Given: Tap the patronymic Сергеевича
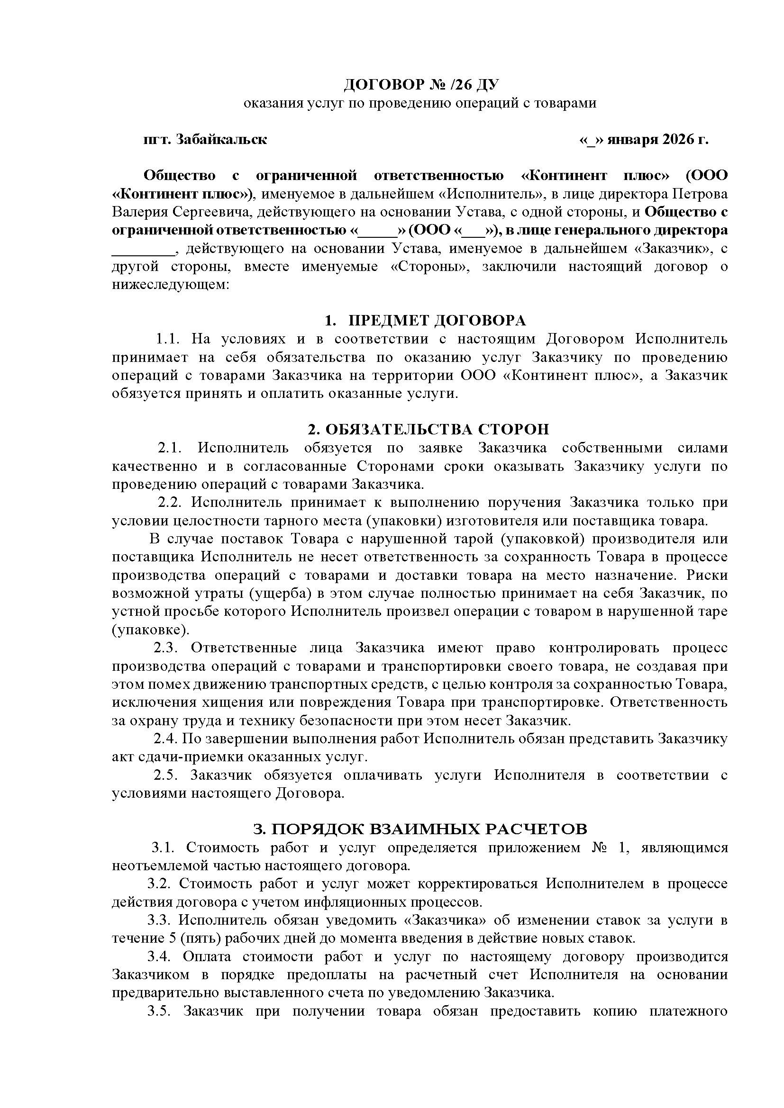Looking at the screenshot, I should (210, 212).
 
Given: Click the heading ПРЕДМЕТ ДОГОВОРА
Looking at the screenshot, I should (437, 320).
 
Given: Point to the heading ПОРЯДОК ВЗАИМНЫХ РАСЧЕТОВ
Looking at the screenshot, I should (420, 829).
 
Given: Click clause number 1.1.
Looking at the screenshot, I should (167, 339).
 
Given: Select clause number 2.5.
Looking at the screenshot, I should (166, 775).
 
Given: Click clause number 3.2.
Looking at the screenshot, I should (159, 883).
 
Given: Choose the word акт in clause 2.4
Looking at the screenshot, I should (122, 757).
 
